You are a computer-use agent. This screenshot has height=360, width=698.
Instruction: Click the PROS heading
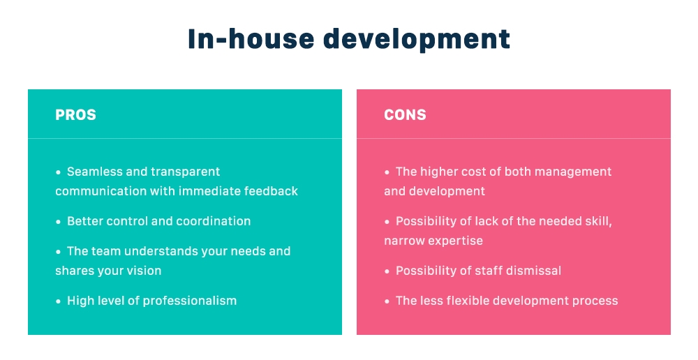pos(75,115)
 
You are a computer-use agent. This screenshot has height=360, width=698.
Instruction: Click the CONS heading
pos(405,115)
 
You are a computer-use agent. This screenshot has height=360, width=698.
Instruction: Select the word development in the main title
pos(416,39)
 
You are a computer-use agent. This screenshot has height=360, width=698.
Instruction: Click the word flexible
pos(470,301)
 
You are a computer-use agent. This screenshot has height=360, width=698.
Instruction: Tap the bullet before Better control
pos(59,222)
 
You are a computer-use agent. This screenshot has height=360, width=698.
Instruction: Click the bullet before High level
pos(59,301)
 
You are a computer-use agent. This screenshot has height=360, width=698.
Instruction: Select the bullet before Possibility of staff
pos(387,271)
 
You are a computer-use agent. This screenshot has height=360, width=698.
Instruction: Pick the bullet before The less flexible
pos(387,301)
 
